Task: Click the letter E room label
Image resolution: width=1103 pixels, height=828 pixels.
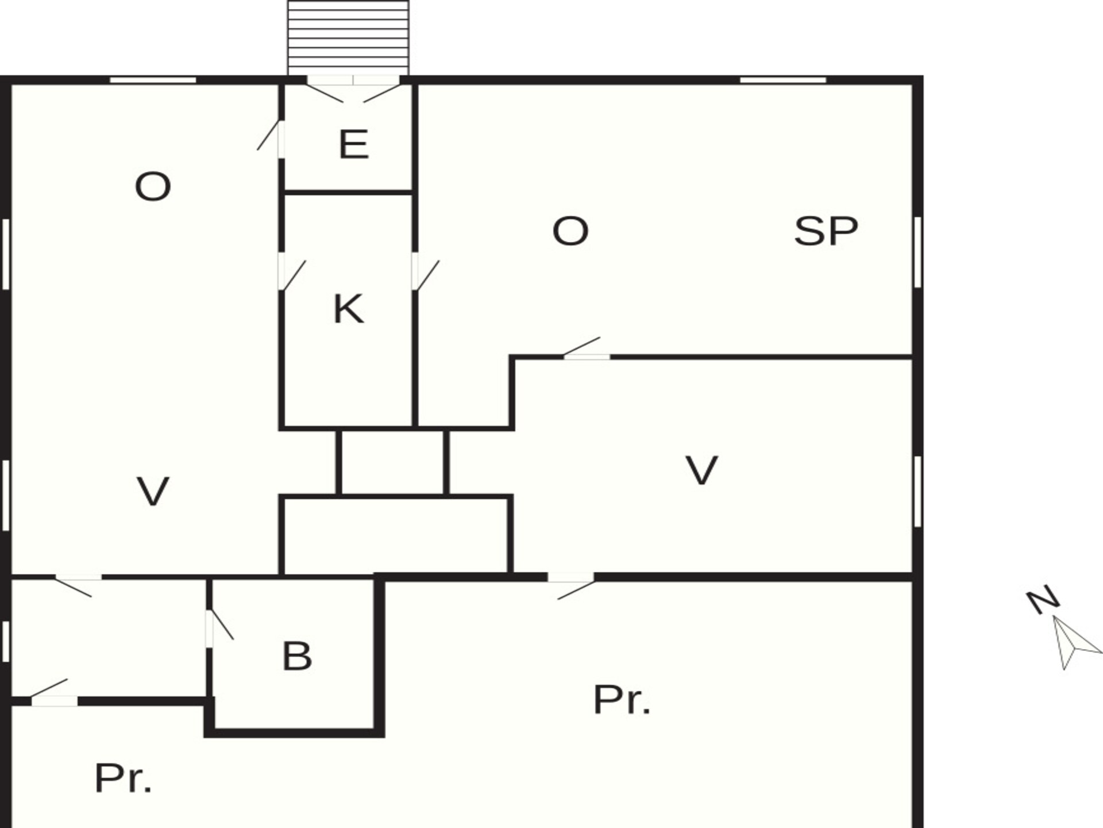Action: coord(353,144)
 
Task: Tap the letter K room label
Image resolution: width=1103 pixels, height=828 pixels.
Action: coord(348,309)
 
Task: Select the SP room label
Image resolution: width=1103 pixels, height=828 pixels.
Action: coord(826,231)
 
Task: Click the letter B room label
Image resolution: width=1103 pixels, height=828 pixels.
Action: coord(297,656)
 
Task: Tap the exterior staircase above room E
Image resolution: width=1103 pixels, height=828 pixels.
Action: coord(348,38)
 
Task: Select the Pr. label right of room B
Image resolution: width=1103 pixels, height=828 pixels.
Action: coord(622,700)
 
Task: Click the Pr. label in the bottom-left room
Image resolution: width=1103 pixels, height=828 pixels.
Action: coord(123,778)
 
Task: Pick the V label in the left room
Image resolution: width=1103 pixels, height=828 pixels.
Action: coord(153,491)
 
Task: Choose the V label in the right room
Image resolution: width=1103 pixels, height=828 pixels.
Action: coord(701,470)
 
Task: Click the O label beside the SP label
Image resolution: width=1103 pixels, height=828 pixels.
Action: coord(570,231)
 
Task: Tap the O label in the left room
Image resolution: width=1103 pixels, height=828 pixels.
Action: coord(153,187)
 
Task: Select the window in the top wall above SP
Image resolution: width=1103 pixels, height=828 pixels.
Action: coord(782,80)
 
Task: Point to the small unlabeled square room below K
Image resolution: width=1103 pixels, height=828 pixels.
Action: coord(392,462)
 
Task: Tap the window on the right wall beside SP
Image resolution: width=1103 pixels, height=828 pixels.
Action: coord(917,252)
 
